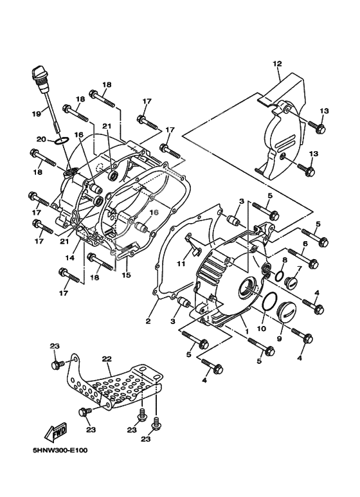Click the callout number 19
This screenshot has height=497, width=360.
36,113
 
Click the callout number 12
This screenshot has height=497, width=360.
277,64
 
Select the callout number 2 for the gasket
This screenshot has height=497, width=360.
148,321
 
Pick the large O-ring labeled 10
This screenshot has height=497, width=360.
270,300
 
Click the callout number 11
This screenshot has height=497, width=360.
181,264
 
